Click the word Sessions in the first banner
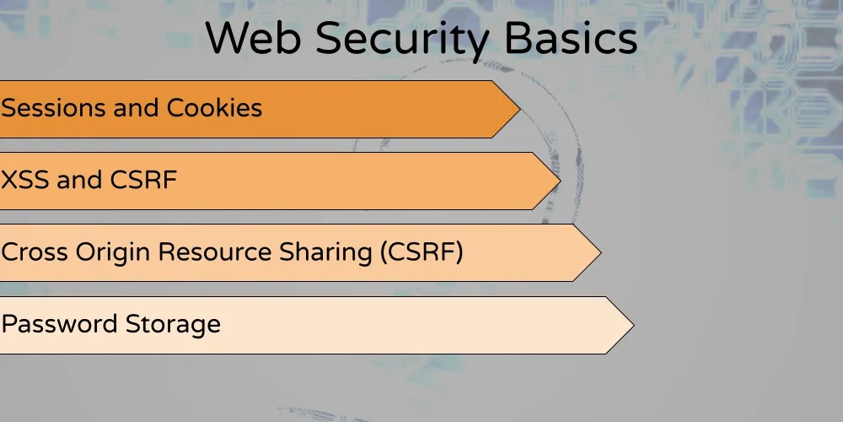[x=55, y=108]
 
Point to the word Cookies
[x=214, y=108]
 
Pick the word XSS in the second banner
[x=26, y=180]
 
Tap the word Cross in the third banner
[x=33, y=252]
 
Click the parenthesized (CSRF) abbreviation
[x=421, y=252]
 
